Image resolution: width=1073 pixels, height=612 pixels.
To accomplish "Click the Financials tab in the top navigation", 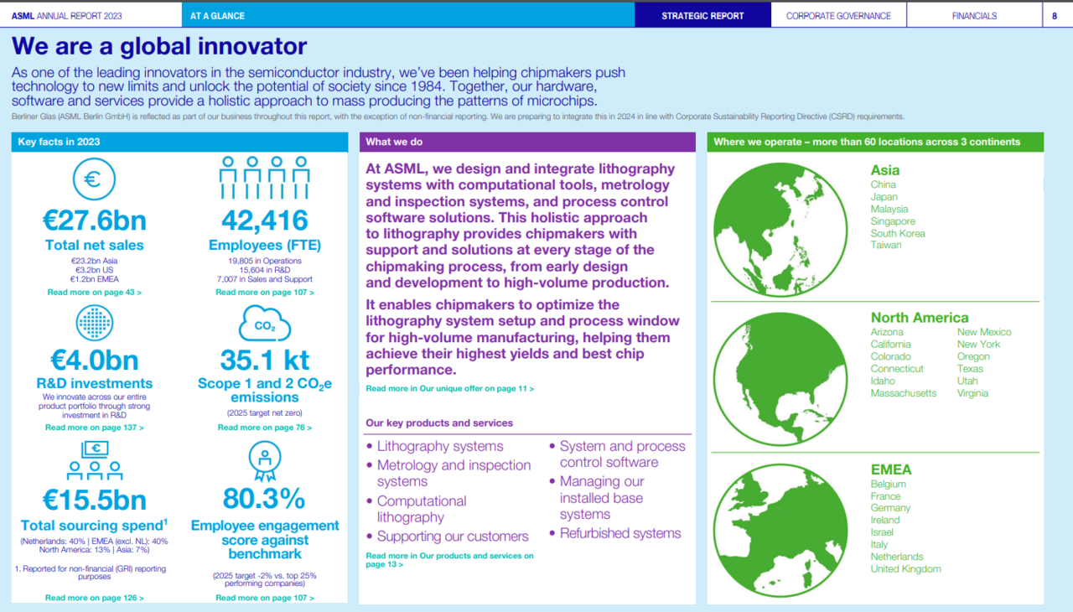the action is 974,16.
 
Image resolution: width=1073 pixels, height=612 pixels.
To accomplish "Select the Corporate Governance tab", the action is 838,16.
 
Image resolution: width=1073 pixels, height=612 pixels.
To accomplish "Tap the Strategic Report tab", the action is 702,16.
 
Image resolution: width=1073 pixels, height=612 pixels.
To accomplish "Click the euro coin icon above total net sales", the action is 94,179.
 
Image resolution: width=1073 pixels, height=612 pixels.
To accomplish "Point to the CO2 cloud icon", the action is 264,324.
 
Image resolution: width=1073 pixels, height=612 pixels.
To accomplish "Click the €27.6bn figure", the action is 95,220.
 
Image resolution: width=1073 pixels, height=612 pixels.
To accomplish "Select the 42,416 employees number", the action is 264,220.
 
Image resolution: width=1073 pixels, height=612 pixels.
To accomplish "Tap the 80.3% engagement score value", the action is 264,499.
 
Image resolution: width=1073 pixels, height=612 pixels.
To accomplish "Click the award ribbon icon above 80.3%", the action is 264,461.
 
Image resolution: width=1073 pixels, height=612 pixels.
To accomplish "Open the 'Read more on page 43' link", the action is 95,292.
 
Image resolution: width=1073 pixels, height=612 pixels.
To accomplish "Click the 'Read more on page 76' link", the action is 264,428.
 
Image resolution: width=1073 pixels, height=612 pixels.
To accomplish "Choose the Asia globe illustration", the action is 780,230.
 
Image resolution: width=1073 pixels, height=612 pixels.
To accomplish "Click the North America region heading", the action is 920,318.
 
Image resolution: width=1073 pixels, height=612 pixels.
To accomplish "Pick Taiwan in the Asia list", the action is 886,245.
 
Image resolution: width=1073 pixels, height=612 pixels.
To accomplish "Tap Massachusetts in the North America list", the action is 903,393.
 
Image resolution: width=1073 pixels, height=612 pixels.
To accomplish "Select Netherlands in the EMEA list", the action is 897,557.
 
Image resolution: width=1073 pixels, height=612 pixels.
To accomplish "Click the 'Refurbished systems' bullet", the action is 619,533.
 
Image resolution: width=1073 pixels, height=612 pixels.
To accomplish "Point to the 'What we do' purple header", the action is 527,142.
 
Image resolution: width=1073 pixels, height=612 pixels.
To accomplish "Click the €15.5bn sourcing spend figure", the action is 95,500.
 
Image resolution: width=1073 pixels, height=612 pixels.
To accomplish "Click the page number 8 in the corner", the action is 1055,16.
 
